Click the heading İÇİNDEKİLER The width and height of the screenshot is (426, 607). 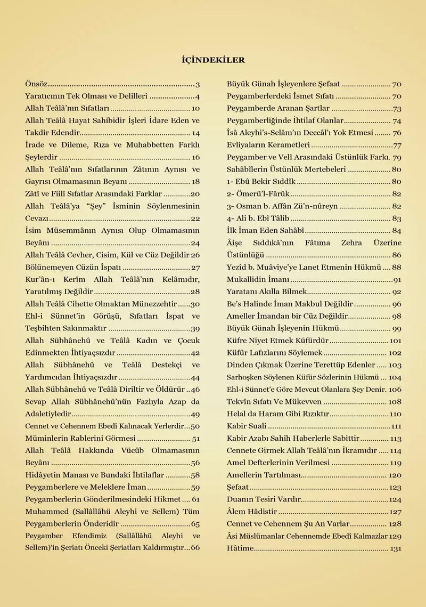[x=213, y=60]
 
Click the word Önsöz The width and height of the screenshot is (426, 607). [x=36, y=84]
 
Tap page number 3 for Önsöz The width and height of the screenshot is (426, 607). [x=198, y=84]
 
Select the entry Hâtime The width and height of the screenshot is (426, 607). [x=240, y=549]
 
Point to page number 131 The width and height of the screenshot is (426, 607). [x=396, y=549]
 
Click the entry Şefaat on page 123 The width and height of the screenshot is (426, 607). [x=238, y=488]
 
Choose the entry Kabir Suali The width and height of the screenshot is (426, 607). [x=247, y=426]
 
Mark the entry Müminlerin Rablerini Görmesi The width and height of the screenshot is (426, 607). [x=80, y=439]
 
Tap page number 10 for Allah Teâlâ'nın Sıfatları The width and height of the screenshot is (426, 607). [x=195, y=109]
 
